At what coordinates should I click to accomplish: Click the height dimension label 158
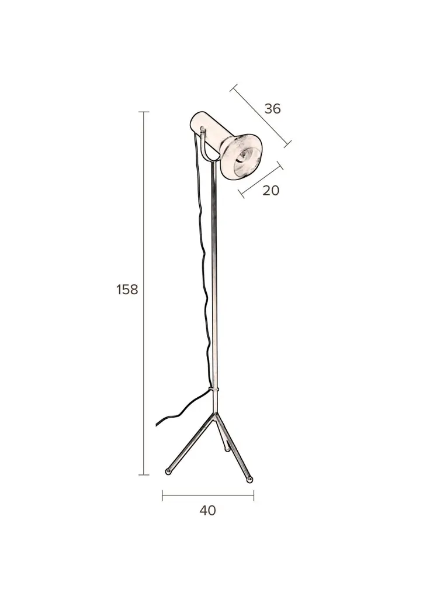tap(127, 290)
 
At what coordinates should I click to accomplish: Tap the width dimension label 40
tap(207, 510)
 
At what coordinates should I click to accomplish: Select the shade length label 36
tap(272, 108)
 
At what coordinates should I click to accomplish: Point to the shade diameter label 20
tap(271, 190)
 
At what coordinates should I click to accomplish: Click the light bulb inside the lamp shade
tap(242, 156)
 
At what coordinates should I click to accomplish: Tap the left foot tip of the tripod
tap(168, 472)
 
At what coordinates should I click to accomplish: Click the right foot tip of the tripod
tap(250, 479)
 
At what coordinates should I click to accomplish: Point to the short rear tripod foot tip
tap(227, 450)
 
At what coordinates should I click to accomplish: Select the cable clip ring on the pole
tap(214, 389)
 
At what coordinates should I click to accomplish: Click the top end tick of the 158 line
tap(144, 112)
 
